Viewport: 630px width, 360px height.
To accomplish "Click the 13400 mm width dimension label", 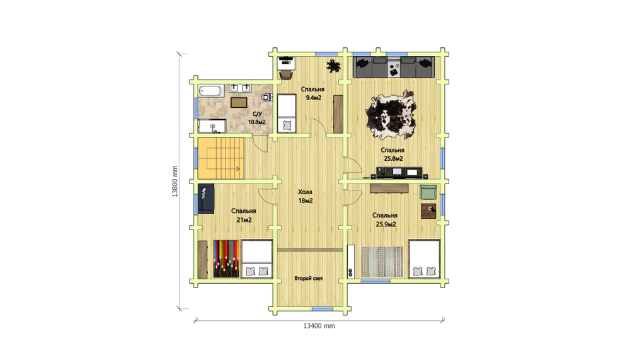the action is [x=319, y=326].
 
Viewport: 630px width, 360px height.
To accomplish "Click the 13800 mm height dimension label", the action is [x=175, y=182].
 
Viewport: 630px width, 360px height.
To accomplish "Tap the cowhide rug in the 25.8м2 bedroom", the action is [x=391, y=114].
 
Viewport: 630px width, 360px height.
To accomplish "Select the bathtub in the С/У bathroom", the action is [x=210, y=91].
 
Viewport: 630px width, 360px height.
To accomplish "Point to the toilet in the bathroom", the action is [x=266, y=97].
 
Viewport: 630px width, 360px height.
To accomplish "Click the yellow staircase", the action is [x=220, y=158].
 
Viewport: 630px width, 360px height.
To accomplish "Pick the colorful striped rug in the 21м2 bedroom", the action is [x=226, y=258].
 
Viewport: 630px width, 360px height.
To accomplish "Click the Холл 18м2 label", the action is [x=306, y=196].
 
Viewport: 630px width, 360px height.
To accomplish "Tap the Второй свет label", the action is [x=309, y=278].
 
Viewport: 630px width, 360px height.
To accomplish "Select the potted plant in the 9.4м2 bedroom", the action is [x=333, y=66].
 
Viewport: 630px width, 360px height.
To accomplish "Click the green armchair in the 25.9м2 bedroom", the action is [x=428, y=192].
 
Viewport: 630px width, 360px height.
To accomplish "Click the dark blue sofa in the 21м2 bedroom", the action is [x=206, y=199].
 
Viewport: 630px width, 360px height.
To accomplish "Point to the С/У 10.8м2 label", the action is [x=257, y=119].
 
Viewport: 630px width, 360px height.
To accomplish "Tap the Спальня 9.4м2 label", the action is [x=312, y=93].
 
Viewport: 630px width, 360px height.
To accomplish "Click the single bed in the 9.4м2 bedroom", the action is [x=287, y=113].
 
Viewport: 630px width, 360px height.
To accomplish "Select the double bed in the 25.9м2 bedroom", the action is [x=424, y=258].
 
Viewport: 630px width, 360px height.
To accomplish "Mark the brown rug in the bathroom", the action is [x=239, y=102].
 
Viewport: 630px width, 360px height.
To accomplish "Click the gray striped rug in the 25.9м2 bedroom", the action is [x=382, y=262].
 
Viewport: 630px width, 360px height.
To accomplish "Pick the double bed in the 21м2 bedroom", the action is [x=257, y=259].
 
